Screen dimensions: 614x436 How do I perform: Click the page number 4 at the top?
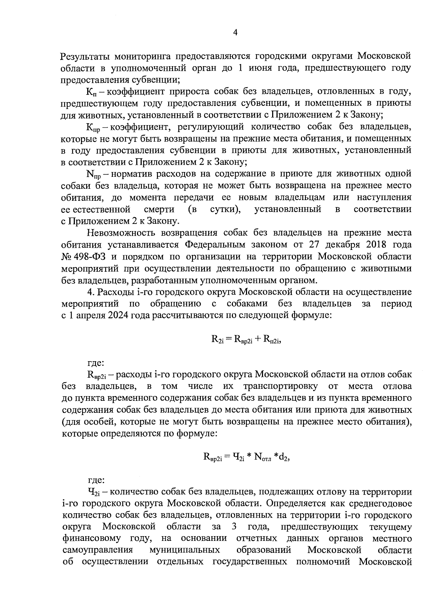coord(235,33)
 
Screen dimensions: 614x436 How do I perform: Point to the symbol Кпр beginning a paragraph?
coord(93,127)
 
